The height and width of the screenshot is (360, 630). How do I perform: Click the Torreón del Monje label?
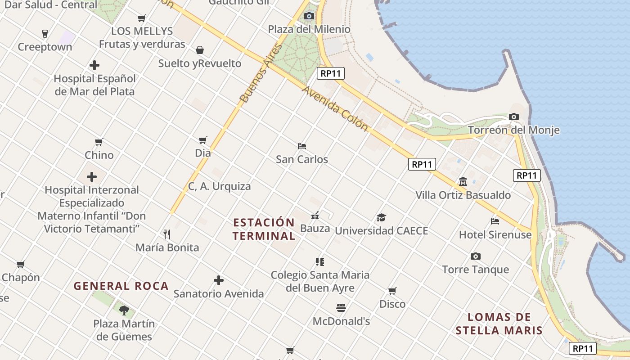514,130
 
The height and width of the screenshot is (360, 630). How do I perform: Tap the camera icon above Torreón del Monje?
514,117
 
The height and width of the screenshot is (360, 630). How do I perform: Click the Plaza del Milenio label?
309,29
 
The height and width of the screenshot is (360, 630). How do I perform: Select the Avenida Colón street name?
335,108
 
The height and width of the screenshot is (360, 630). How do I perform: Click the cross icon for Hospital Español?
94,65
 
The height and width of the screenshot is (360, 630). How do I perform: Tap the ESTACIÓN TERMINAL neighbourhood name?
264,229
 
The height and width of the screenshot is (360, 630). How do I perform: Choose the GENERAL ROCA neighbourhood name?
121,286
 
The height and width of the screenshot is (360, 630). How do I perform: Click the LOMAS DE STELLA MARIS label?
499,324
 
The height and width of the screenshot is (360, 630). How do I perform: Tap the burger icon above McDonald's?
341,308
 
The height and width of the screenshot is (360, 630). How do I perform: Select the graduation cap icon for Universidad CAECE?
382,218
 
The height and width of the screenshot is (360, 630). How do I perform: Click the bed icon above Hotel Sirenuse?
495,221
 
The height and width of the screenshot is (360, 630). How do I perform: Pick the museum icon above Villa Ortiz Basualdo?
463,181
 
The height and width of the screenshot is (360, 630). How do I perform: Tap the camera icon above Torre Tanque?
476,256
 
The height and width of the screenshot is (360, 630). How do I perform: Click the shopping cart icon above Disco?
392,291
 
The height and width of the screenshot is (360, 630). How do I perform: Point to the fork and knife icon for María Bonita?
167,234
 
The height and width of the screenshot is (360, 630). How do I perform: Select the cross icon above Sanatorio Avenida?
219,280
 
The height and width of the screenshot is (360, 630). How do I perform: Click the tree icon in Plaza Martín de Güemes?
124,310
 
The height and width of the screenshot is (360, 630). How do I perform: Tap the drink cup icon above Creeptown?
45,33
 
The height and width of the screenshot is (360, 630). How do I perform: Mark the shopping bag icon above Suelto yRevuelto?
200,49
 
